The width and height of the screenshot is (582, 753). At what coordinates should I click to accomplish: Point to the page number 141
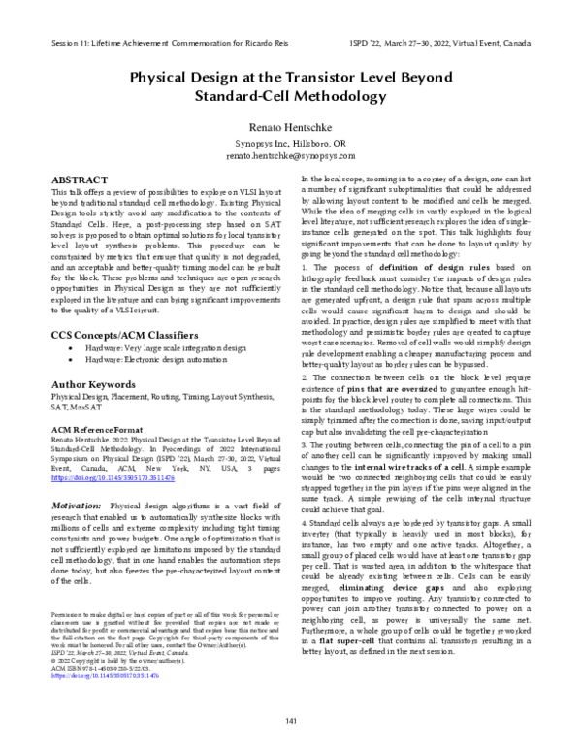tap(290, 719)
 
